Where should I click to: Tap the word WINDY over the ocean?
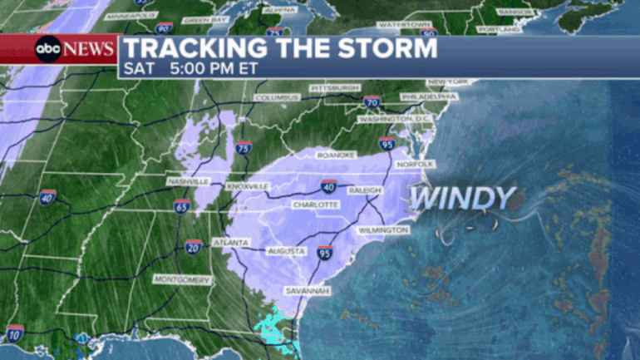(x=462, y=198)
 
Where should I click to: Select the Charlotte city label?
(x=315, y=205)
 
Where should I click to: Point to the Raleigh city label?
(x=364, y=190)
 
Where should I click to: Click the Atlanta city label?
(x=229, y=243)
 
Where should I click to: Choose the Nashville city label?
(x=187, y=181)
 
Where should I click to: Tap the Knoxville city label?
(x=248, y=186)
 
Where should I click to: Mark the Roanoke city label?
(x=336, y=155)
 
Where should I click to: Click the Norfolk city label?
(x=415, y=164)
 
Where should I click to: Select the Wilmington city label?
(x=383, y=229)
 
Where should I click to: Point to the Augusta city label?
(x=287, y=250)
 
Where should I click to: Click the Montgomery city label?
(x=182, y=280)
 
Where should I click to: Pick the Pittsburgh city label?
(x=335, y=87)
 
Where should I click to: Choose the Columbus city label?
(x=276, y=97)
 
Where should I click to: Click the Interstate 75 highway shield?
(x=244, y=148)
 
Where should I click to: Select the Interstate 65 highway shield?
(x=182, y=205)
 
